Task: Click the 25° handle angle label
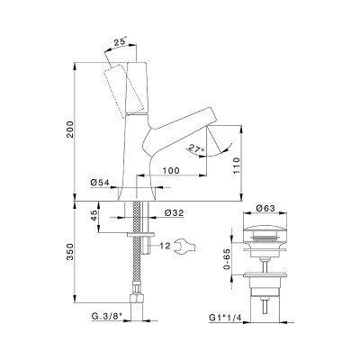(x=120, y=42)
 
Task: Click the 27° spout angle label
(x=196, y=148)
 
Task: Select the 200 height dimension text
(x=70, y=130)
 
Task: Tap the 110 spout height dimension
(x=237, y=166)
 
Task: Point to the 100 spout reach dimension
(x=171, y=170)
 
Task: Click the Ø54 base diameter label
(x=100, y=182)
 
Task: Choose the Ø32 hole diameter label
(x=175, y=212)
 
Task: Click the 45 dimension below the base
(x=94, y=215)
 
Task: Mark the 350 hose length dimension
(x=70, y=252)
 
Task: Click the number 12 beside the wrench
(x=165, y=246)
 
